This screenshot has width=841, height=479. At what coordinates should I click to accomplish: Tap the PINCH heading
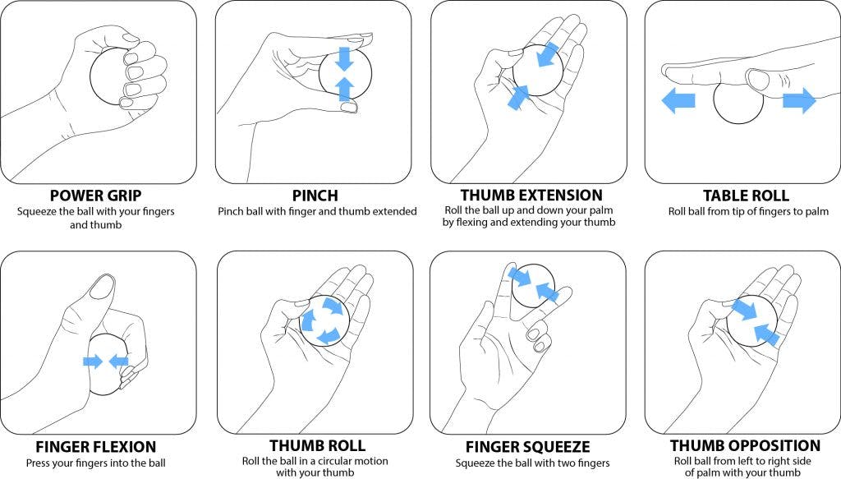[x=316, y=196]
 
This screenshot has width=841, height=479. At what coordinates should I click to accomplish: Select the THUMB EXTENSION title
[x=531, y=196]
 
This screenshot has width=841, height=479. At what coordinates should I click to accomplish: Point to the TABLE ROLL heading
[x=746, y=196]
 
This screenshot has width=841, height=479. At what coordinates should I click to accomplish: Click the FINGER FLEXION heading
[x=95, y=447]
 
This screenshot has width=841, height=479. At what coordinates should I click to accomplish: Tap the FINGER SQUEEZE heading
[x=527, y=447]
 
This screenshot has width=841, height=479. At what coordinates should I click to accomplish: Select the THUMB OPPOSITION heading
[x=746, y=446]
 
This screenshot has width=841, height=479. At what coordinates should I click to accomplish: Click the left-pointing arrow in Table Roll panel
[x=678, y=101]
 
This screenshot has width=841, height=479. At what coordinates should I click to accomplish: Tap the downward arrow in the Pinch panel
[x=345, y=58]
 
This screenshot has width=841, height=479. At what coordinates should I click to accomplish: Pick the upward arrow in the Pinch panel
[x=346, y=88]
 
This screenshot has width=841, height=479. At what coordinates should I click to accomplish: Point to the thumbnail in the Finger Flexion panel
[x=102, y=287]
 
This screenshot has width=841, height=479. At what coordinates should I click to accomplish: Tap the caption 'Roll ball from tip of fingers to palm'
[x=746, y=212]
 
